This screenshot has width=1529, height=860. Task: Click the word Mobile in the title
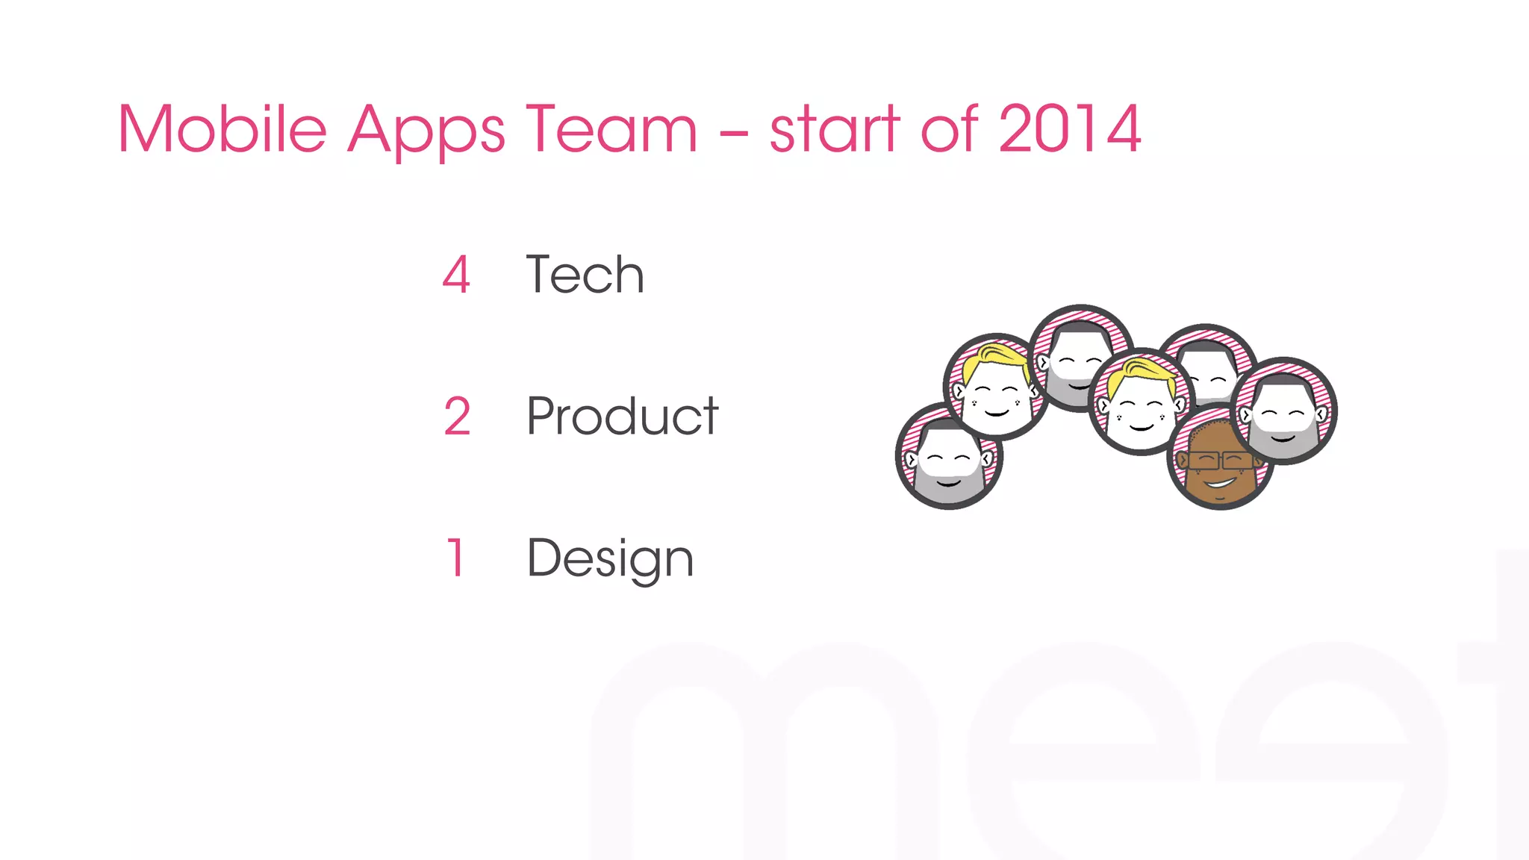tap(222, 129)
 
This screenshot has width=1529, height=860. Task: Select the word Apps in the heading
tap(426, 131)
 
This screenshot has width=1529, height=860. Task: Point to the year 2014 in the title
tap(1069, 129)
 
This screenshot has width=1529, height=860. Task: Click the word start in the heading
tap(834, 129)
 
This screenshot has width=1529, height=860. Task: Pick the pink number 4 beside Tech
tap(456, 275)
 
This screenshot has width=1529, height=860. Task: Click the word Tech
tap(585, 275)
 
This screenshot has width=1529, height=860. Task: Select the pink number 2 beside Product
tap(457, 417)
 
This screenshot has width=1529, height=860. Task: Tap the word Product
tap(622, 417)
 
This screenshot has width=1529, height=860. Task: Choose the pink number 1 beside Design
tap(456, 558)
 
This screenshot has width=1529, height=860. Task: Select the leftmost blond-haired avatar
tap(995, 387)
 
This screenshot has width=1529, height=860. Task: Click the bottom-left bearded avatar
tap(948, 457)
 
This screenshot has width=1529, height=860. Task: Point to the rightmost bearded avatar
tap(1283, 411)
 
